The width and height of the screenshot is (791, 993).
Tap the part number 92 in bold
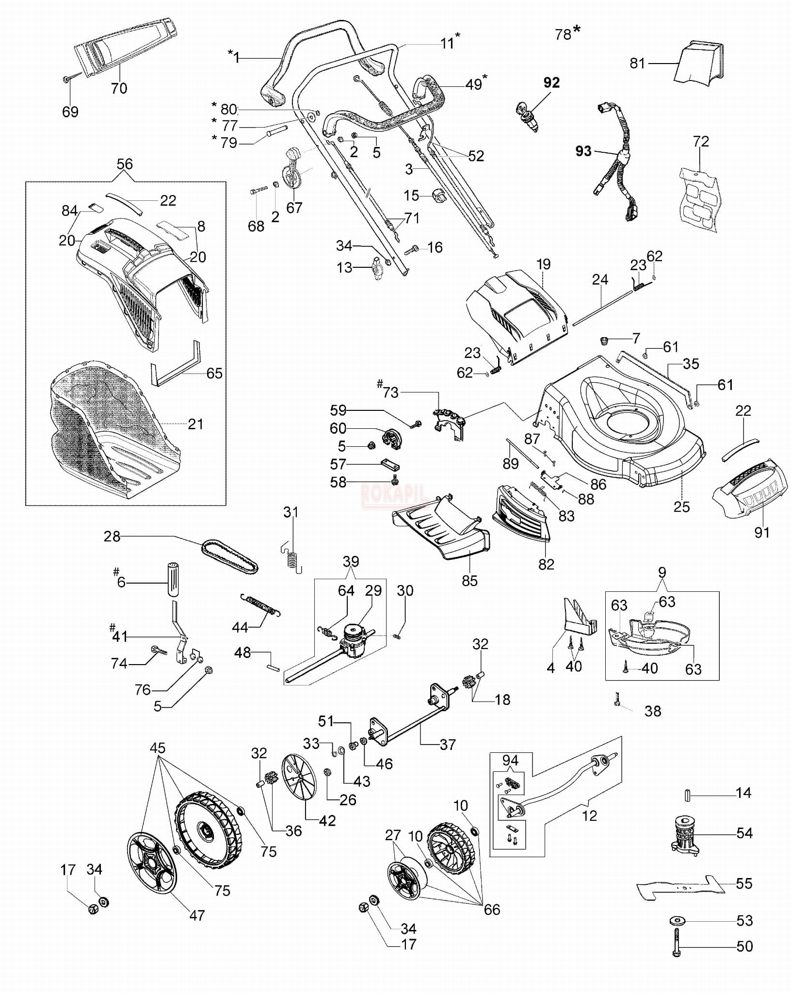[x=551, y=83]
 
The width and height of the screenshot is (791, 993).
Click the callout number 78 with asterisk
[x=564, y=34]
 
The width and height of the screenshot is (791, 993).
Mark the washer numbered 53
[x=677, y=920]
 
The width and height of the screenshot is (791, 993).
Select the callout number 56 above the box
[x=125, y=164]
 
